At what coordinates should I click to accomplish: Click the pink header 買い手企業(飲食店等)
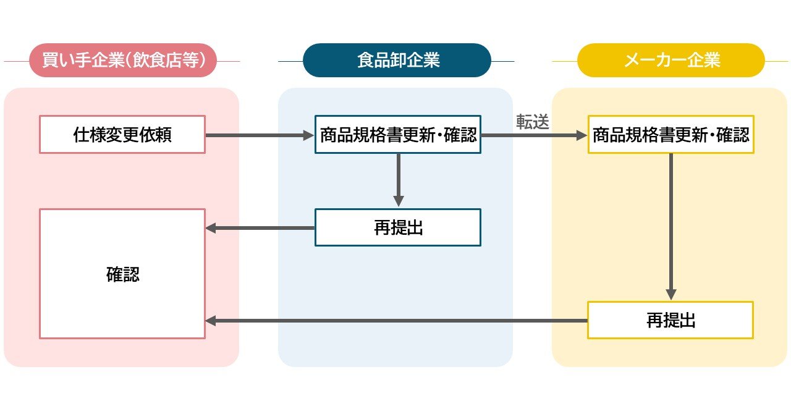coord(122,61)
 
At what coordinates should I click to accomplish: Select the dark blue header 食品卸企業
coord(397,61)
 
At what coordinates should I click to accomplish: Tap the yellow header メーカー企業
coord(671,61)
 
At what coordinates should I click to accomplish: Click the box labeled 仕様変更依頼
coord(122,135)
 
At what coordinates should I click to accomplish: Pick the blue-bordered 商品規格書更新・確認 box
coord(397,135)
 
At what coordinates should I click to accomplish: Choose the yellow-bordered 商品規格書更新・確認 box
coord(671,135)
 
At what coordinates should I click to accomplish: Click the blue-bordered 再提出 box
coord(397,227)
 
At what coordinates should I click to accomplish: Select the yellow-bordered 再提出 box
coord(670,320)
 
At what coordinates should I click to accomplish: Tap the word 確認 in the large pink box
coord(122,274)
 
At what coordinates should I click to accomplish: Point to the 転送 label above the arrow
coord(533,122)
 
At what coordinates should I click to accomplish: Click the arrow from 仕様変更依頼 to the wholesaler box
coord(260,135)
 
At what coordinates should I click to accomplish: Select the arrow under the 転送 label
coord(533,135)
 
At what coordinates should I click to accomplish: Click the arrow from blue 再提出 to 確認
coord(260,228)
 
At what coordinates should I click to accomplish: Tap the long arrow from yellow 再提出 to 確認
coord(395,321)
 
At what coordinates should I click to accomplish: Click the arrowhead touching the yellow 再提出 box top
coord(671,295)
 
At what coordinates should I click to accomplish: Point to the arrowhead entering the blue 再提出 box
coord(399,201)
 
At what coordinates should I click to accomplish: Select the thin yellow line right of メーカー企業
coord(777,61)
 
